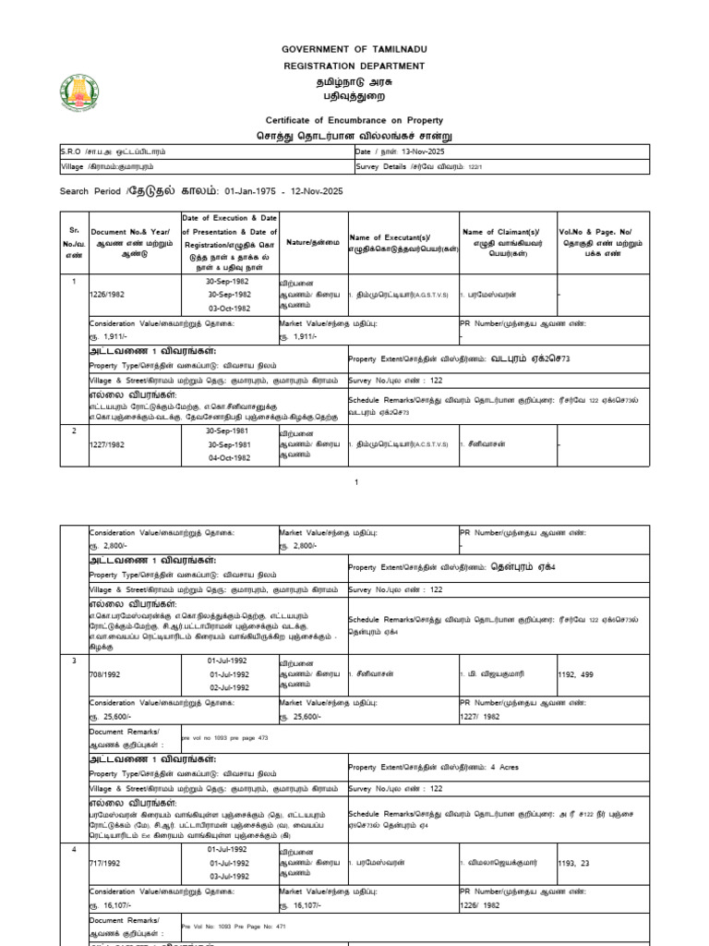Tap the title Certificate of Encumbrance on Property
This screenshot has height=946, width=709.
click(354, 120)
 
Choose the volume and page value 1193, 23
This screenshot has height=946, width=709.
click(578, 863)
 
